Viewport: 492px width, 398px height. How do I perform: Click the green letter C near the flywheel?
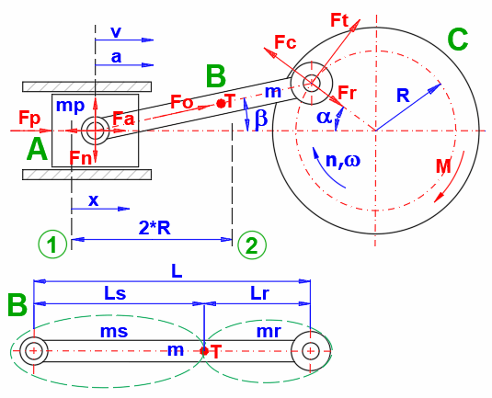[x=457, y=40]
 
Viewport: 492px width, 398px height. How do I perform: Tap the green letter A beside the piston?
[x=36, y=149]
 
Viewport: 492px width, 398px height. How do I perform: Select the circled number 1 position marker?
[x=53, y=244]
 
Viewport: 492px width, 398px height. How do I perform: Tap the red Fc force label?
[x=285, y=42]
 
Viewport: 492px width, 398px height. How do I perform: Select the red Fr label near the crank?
[x=347, y=93]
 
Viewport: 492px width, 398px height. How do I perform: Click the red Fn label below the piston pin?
[x=81, y=158]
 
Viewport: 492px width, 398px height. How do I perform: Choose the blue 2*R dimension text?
[x=153, y=227]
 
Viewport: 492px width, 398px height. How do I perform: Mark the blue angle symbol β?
[x=260, y=117]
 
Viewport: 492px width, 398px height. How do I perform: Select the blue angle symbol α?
[x=325, y=117]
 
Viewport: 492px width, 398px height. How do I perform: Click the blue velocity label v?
[x=115, y=31]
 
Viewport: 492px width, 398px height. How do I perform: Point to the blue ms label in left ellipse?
[x=114, y=330]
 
